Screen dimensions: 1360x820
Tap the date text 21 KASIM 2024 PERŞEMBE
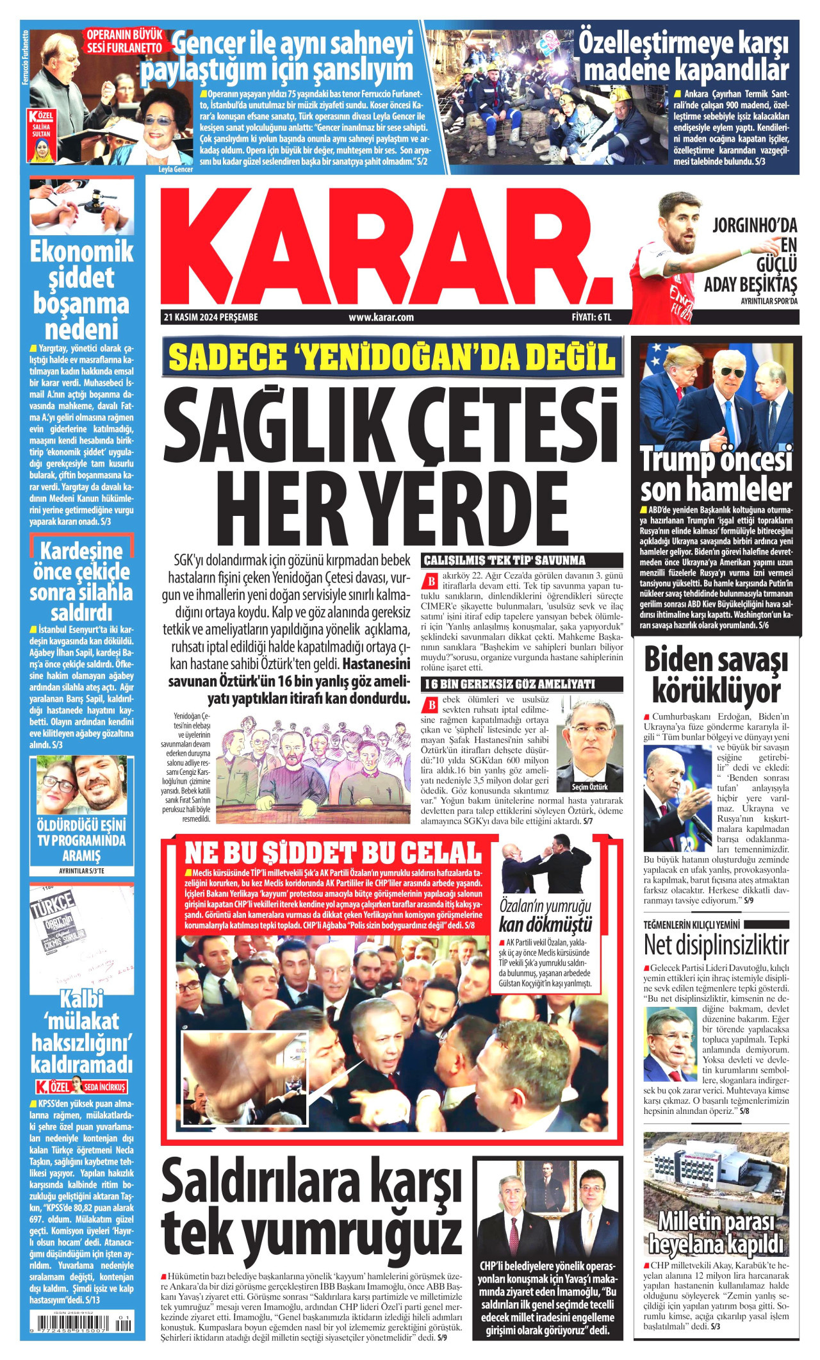211,317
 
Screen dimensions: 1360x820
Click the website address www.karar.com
381,317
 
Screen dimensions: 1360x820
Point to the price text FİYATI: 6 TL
591,317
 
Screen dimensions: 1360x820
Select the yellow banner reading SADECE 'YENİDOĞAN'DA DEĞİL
391,357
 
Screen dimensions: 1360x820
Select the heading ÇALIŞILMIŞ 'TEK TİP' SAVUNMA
505,560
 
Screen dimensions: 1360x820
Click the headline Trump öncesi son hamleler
716,475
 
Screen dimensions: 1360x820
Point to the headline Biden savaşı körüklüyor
716,676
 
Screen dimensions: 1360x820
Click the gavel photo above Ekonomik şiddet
81,206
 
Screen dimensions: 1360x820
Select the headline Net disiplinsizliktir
716,945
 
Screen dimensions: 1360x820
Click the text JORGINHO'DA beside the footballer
755,226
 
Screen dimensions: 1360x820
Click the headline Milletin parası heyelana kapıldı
716,1233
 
